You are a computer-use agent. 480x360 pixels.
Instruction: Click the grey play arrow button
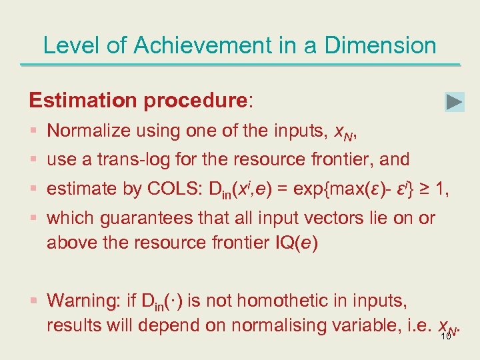click(x=454, y=102)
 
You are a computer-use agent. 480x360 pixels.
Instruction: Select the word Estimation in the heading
click(x=82, y=101)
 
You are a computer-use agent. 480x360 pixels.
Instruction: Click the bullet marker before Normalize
click(x=34, y=131)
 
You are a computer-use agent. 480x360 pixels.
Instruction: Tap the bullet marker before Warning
click(x=34, y=301)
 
